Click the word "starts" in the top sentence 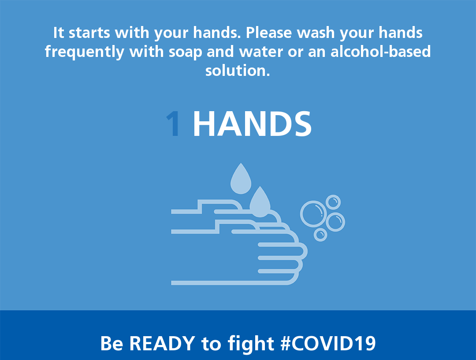click(x=89, y=33)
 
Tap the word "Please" click(x=269, y=33)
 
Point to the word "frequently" click(x=84, y=52)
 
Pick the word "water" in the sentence click(x=261, y=52)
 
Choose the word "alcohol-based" click(x=381, y=51)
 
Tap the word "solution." click(x=238, y=71)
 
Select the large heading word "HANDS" click(x=252, y=124)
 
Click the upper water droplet click(x=241, y=179)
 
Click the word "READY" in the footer click(x=162, y=343)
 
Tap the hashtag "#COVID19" click(x=328, y=343)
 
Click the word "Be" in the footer click(x=112, y=343)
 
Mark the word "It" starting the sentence click(x=59, y=33)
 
